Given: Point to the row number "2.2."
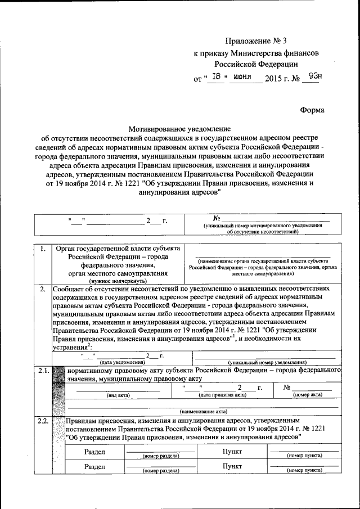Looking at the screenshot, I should click(x=43, y=421).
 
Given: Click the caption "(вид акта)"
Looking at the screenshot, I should click(x=118, y=395).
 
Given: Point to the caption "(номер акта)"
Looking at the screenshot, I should click(x=308, y=395).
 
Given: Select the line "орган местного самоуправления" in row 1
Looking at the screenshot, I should click(x=117, y=273).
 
